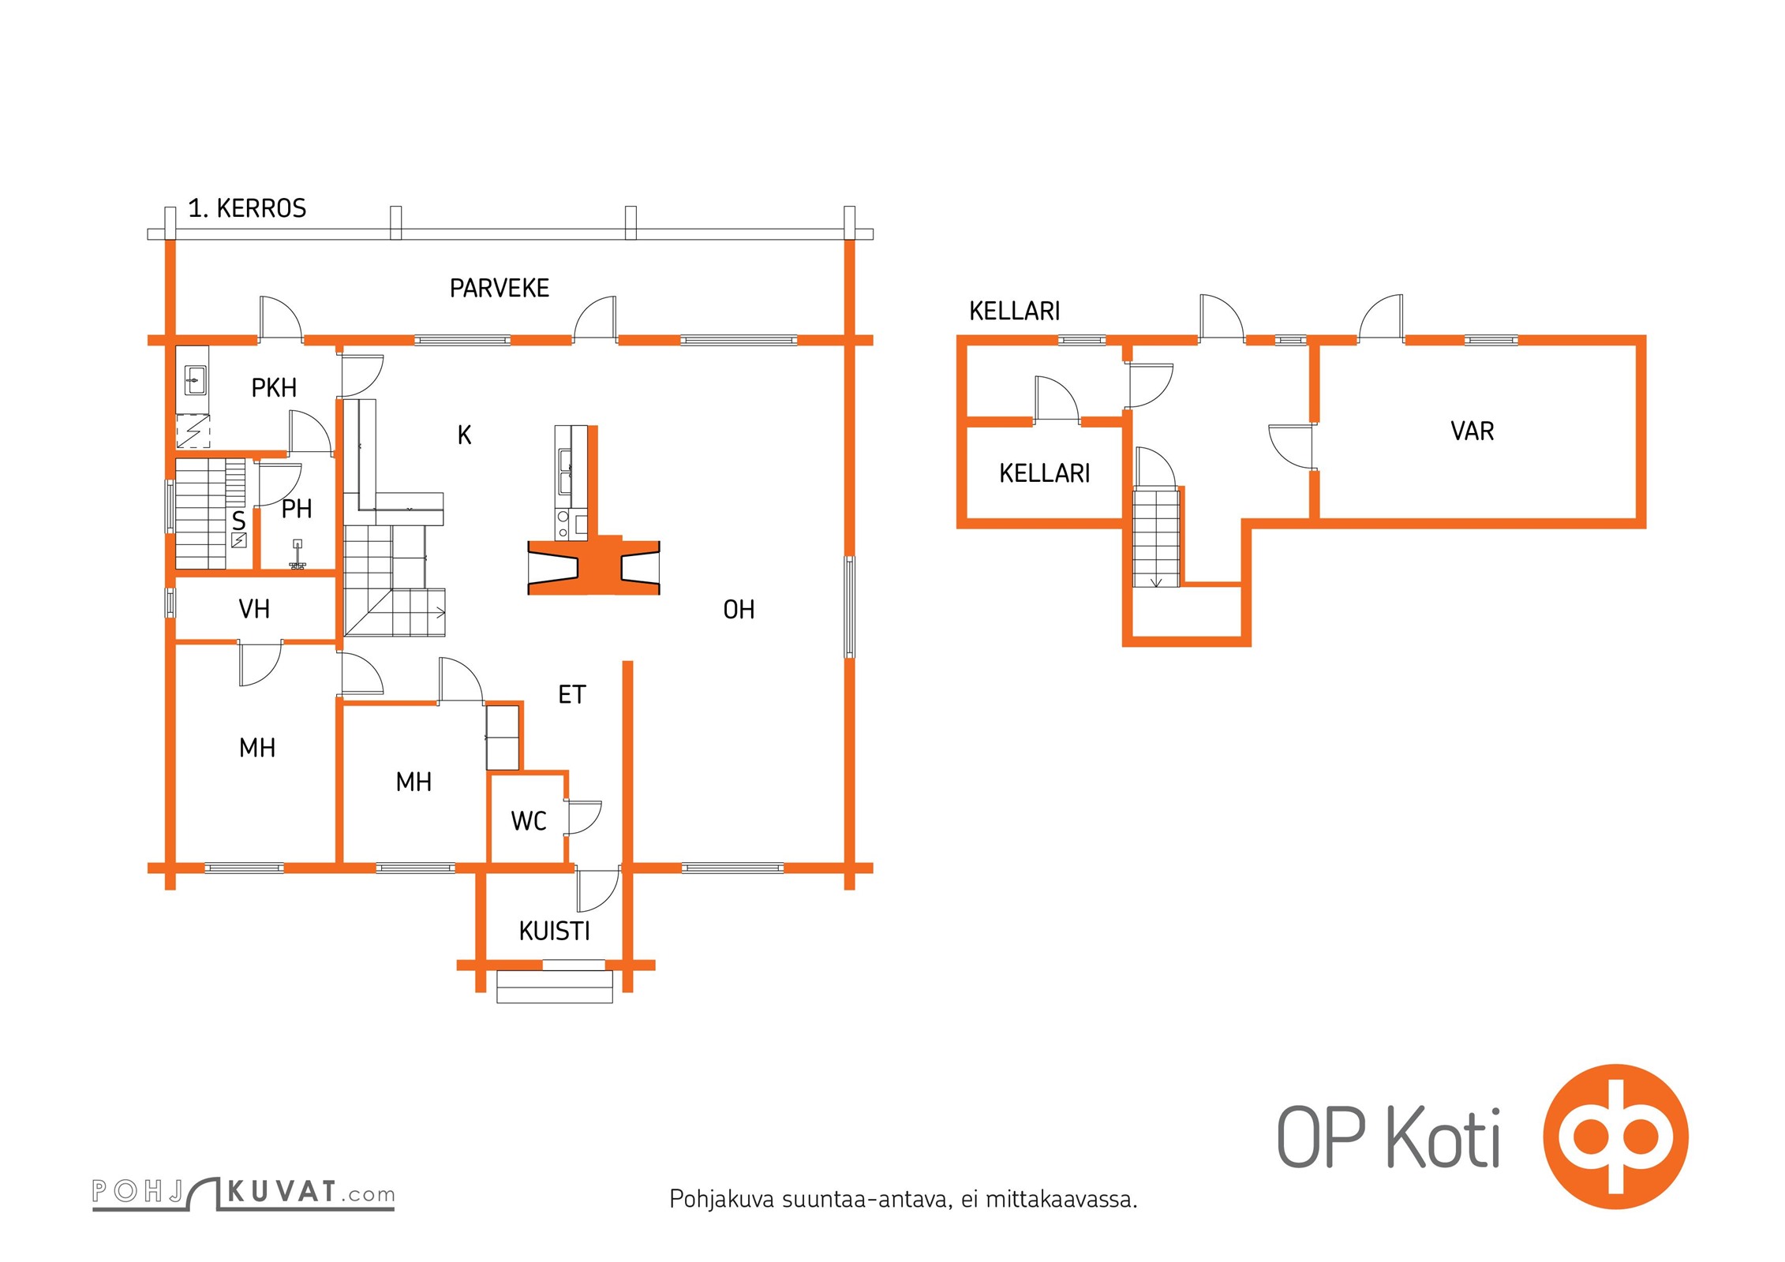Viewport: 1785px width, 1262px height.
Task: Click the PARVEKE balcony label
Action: pos(499,288)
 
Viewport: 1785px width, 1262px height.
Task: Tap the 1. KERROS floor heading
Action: pos(247,208)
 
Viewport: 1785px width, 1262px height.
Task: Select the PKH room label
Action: pos(274,388)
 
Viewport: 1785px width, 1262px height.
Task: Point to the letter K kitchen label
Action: pos(464,435)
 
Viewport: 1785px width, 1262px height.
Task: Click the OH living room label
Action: pos(739,610)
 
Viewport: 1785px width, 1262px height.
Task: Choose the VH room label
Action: pos(254,609)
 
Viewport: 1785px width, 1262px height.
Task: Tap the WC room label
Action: pos(529,821)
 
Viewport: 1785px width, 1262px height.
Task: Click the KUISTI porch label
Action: pos(554,932)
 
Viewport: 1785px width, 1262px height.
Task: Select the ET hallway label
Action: pos(572,695)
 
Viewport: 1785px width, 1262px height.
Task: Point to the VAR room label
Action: pos(1472,431)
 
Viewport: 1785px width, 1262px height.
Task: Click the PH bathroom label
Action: pos(297,510)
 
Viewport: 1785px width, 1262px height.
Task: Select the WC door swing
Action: pos(585,818)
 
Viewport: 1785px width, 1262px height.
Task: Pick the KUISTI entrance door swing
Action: pos(598,889)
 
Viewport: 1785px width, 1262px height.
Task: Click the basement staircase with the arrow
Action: pos(1157,537)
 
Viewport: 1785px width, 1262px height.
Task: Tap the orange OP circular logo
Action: pos(1615,1137)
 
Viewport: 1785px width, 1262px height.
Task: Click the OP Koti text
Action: pos(1388,1137)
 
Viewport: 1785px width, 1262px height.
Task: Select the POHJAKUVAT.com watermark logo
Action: pos(243,1193)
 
